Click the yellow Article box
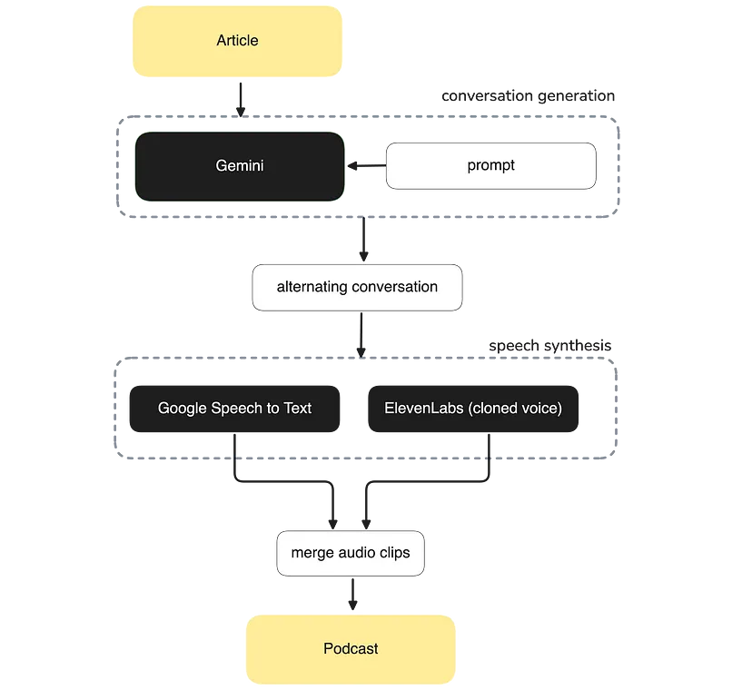coord(237,41)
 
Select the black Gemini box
coord(240,166)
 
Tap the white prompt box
coord(491,166)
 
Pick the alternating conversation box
coord(357,287)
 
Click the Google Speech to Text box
coord(234,409)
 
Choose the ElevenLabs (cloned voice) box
coord(473,409)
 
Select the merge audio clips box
coord(351,553)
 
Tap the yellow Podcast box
coord(351,649)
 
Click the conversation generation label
coord(528,96)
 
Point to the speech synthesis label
coord(550,346)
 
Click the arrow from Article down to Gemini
coord(241,100)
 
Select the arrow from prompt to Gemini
coord(367,166)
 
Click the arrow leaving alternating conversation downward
coord(361,335)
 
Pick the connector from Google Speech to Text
coord(283,481)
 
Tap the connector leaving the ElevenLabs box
coord(427,481)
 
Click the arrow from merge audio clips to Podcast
coord(353,594)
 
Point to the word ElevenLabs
coord(424,408)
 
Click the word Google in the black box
coord(183,409)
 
